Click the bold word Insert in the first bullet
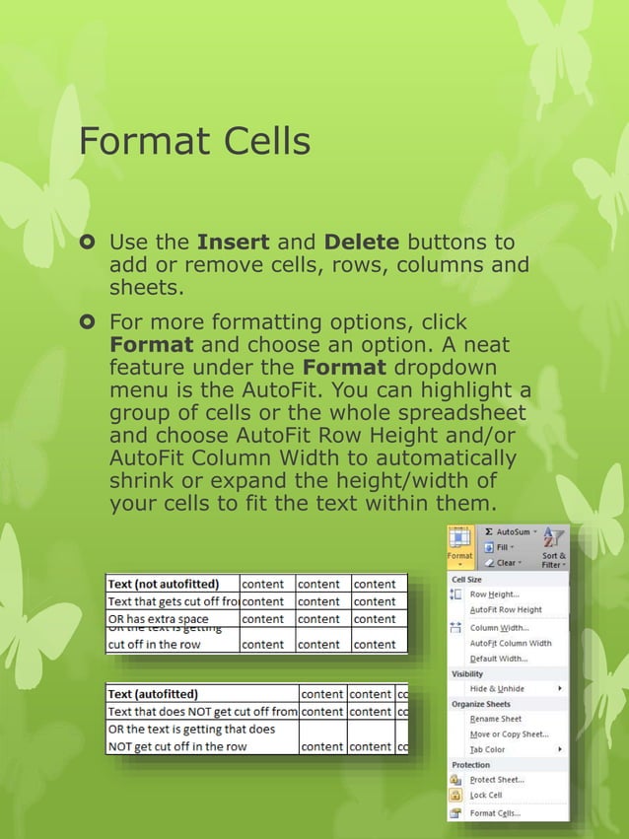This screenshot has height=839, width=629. [x=234, y=243]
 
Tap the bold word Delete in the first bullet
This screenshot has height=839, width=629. [x=362, y=243]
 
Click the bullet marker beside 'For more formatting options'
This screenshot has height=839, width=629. [x=88, y=322]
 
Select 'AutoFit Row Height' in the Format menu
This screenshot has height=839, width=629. [x=506, y=610]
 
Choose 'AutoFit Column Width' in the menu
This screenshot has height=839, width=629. [x=511, y=643]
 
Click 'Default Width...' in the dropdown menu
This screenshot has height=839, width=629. [x=499, y=659]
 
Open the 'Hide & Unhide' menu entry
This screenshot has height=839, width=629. [x=497, y=688]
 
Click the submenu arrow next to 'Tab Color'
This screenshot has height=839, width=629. [x=560, y=749]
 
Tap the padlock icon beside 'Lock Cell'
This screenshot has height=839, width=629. [x=455, y=795]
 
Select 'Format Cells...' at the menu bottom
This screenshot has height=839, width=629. [x=495, y=813]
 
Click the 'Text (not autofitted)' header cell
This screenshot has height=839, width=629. [x=164, y=584]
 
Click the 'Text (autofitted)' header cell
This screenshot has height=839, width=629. [x=153, y=694]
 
